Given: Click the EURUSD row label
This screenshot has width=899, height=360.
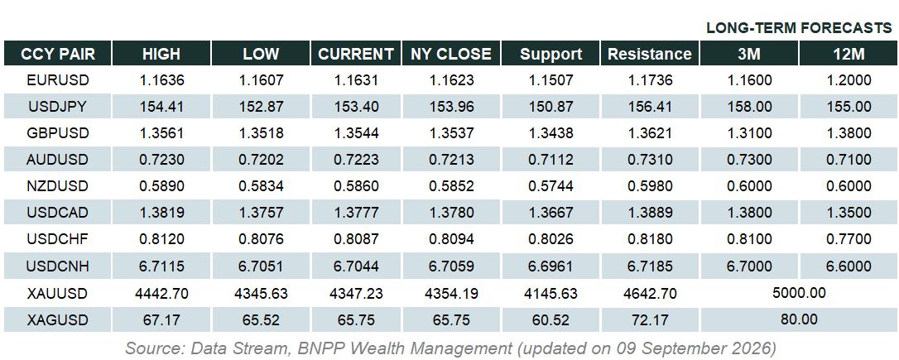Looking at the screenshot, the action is (57, 80).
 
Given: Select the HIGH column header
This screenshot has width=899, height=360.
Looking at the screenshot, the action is (161, 54).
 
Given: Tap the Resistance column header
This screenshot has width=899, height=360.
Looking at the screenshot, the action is (650, 54).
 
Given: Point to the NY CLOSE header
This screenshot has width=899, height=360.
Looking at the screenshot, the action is (450, 54).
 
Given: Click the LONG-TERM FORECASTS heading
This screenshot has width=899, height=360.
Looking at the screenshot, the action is (799, 28).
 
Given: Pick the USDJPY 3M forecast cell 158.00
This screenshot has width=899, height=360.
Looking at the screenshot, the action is (749, 107).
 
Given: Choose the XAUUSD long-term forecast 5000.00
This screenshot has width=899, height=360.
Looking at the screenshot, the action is (799, 293).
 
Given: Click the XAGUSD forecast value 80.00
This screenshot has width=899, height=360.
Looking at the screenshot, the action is (799, 319).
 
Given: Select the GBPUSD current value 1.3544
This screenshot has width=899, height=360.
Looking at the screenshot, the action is (355, 133).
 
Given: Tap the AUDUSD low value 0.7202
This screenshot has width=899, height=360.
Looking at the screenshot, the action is (261, 160).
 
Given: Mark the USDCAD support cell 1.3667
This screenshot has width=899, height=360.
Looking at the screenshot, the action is (550, 213).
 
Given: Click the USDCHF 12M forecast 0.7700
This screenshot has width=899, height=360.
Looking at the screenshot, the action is (849, 239).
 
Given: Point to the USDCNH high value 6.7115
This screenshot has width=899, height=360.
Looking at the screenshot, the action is (161, 266).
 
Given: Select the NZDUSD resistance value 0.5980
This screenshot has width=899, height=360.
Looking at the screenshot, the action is (650, 186).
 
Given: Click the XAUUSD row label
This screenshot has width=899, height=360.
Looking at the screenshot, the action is (57, 294).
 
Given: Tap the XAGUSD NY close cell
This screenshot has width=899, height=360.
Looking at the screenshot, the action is (450, 320).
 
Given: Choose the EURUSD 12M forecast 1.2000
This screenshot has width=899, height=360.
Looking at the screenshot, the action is (849, 80).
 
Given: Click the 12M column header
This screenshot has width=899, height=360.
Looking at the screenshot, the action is (849, 54).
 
